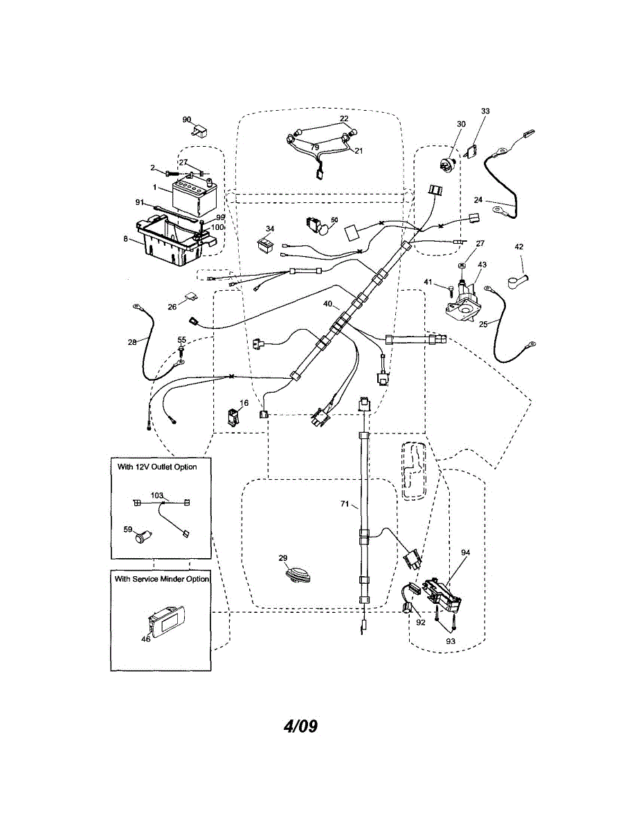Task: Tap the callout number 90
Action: click(x=187, y=119)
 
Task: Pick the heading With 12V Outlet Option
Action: click(x=157, y=467)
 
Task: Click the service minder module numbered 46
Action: click(x=165, y=621)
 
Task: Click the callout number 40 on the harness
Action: click(x=327, y=304)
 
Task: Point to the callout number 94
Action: click(x=465, y=553)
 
